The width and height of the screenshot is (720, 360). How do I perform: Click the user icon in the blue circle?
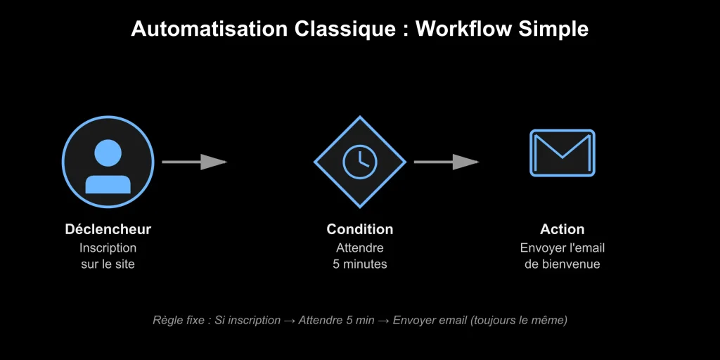(x=108, y=163)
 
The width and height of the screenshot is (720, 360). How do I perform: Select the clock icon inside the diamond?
(x=359, y=162)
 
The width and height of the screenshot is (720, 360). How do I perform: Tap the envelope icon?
(x=562, y=153)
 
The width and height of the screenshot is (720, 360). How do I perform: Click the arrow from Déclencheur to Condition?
(x=194, y=162)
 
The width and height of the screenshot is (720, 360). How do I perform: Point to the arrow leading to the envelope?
(x=446, y=162)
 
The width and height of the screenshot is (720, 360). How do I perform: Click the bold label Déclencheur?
(x=108, y=229)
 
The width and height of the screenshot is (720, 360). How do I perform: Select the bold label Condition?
(x=359, y=229)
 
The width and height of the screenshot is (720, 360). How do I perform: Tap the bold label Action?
(x=562, y=229)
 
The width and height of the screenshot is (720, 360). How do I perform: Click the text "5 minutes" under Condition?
(x=359, y=264)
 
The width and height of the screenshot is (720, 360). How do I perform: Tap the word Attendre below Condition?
(x=359, y=247)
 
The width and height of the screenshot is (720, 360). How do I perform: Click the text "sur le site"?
(x=108, y=264)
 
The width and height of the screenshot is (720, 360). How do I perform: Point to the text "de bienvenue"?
(x=562, y=264)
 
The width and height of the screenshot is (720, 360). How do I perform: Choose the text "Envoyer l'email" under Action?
(x=562, y=247)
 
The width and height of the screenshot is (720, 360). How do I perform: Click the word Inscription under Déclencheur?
(x=108, y=247)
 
